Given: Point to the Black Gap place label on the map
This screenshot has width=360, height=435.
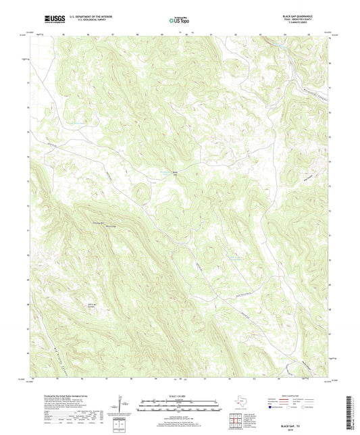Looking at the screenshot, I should click(174, 173).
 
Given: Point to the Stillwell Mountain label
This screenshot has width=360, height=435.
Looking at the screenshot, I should click(98, 222).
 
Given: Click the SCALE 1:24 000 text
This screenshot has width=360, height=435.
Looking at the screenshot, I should click(180, 396).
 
